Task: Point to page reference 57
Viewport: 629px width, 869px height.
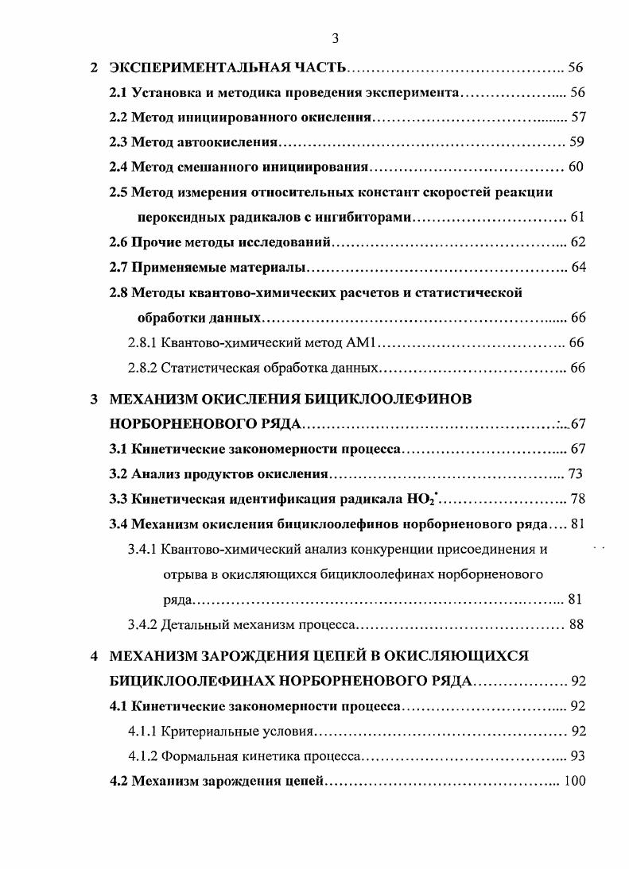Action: pyautogui.click(x=578, y=118)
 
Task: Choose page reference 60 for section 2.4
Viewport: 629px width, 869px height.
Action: pyautogui.click(x=577, y=167)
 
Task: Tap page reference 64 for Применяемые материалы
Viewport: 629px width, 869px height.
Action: pyautogui.click(x=578, y=266)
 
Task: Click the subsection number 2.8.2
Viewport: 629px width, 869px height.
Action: pyautogui.click(x=142, y=369)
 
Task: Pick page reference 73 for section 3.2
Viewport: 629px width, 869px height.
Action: pyautogui.click(x=576, y=474)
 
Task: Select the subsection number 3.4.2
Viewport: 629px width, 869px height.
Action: pyautogui.click(x=142, y=624)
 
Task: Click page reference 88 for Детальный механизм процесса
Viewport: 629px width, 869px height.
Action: pyautogui.click(x=577, y=624)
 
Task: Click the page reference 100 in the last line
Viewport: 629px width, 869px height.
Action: pyautogui.click(x=574, y=780)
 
